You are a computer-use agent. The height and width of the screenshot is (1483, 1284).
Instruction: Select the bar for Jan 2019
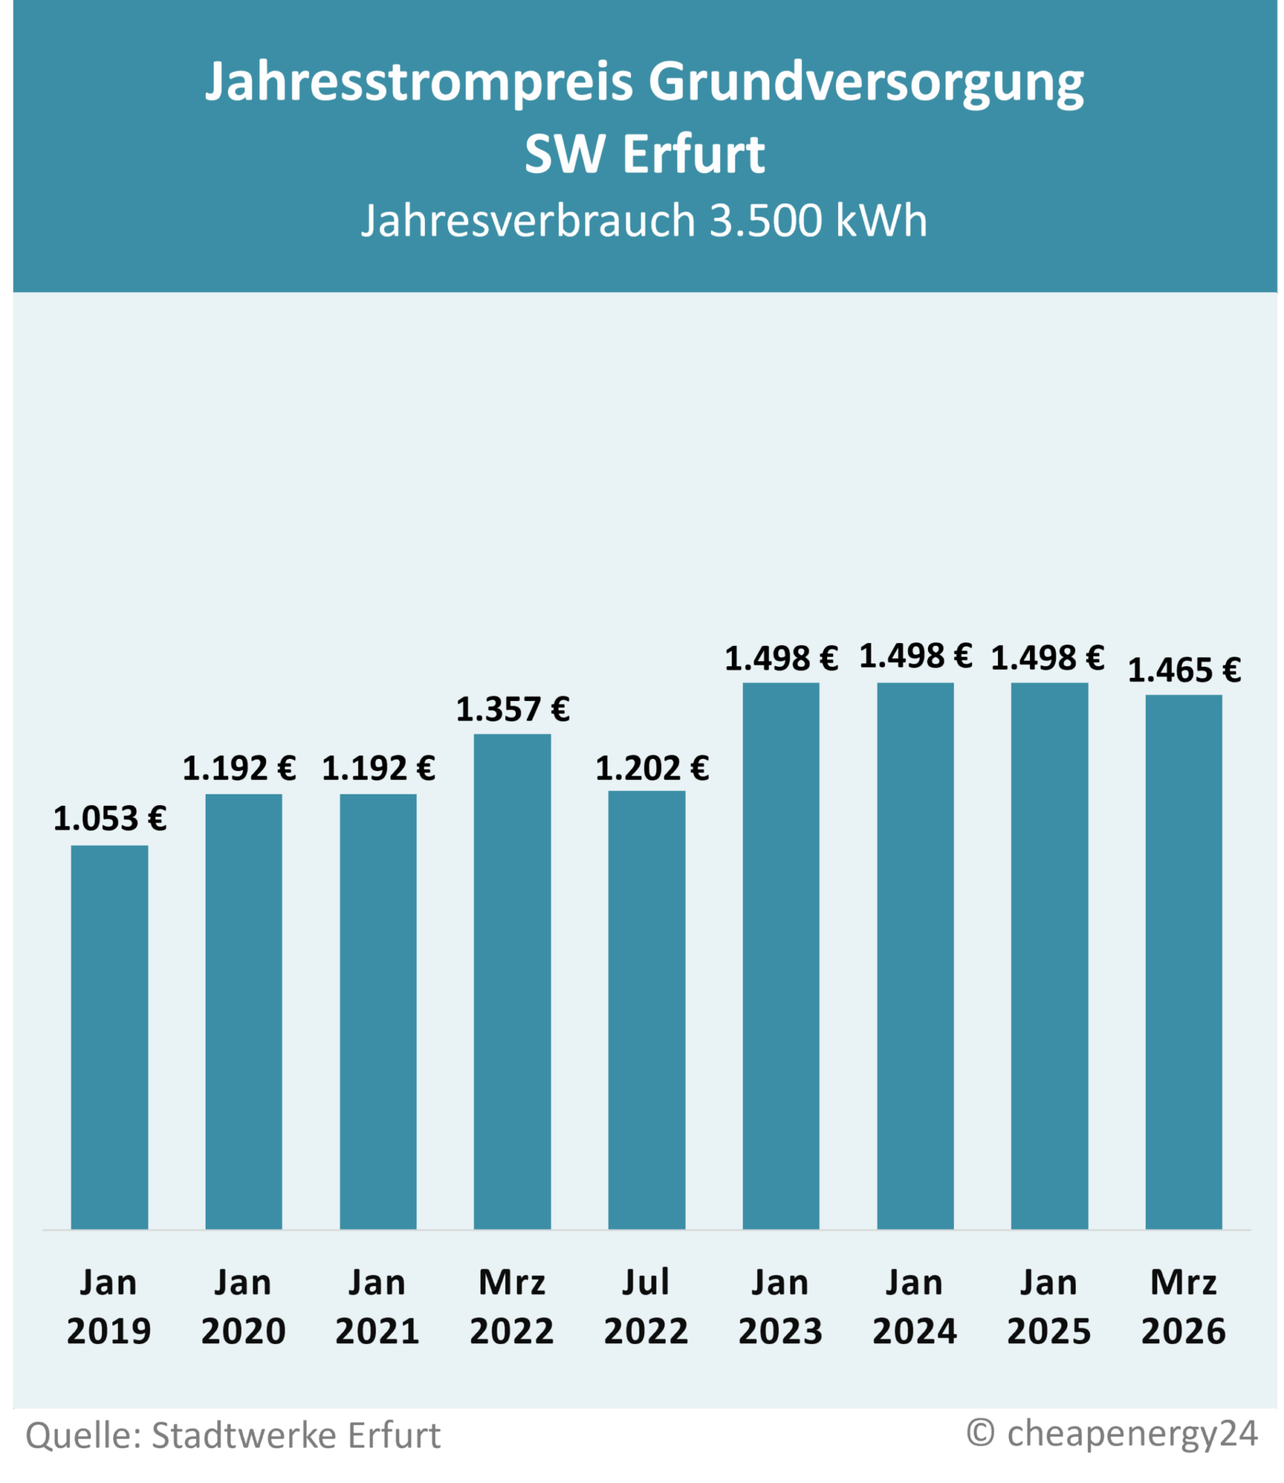pyautogui.click(x=109, y=1037)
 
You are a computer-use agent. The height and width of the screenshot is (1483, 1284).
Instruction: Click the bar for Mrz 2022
pyautogui.click(x=512, y=981)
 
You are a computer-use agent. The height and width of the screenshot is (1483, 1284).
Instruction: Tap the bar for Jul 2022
pyautogui.click(x=646, y=1009)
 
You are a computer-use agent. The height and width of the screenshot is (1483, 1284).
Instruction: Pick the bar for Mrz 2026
pyautogui.click(x=1183, y=962)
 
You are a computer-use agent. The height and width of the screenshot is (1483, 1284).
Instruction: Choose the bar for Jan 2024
pyautogui.click(x=915, y=956)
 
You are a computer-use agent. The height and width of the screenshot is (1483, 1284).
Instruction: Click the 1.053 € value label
pyautogui.click(x=110, y=819)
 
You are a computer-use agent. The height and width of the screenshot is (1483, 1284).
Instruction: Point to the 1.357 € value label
pyautogui.click(x=512, y=710)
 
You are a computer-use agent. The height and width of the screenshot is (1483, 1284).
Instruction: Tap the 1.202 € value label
pyautogui.click(x=651, y=768)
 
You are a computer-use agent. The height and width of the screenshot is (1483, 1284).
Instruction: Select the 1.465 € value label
pyautogui.click(x=1184, y=671)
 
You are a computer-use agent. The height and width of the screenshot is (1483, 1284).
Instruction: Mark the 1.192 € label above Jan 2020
pyautogui.click(x=239, y=768)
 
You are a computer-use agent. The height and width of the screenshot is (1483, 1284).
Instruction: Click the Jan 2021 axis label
pyautogui.click(x=377, y=1307)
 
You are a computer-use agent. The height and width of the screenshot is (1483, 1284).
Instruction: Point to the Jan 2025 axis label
pyautogui.click(x=1049, y=1307)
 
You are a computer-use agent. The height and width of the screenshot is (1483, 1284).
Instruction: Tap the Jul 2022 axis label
pyautogui.click(x=646, y=1307)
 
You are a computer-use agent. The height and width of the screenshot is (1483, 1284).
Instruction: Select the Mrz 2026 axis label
pyautogui.click(x=1183, y=1307)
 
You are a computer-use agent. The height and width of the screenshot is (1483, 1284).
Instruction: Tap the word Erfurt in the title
pyautogui.click(x=693, y=155)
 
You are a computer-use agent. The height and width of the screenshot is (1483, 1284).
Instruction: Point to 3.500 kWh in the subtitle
pyautogui.click(x=818, y=221)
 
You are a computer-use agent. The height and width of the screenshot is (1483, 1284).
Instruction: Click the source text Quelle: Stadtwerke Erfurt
pyautogui.click(x=233, y=1435)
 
